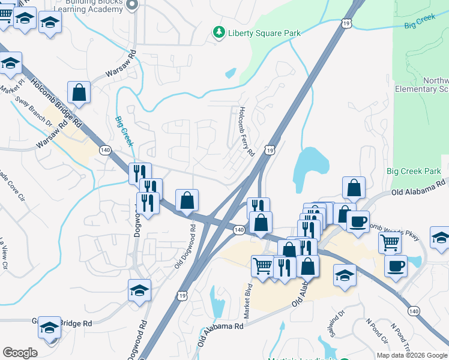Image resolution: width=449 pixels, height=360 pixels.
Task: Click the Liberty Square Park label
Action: (264, 33)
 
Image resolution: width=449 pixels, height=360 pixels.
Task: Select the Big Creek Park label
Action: (414, 172)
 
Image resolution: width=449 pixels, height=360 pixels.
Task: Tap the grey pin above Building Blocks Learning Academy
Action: (133, 5)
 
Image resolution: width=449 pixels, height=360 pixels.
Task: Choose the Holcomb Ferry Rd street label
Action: (246, 131)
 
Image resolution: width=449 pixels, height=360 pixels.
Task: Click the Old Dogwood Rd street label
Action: (185, 247)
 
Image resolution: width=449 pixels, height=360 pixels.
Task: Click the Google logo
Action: (20, 353)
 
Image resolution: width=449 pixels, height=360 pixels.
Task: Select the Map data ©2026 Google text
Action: (411, 355)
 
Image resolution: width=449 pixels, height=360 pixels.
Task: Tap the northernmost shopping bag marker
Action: (79, 92)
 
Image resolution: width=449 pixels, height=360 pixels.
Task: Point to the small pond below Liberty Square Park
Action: (230, 74)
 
